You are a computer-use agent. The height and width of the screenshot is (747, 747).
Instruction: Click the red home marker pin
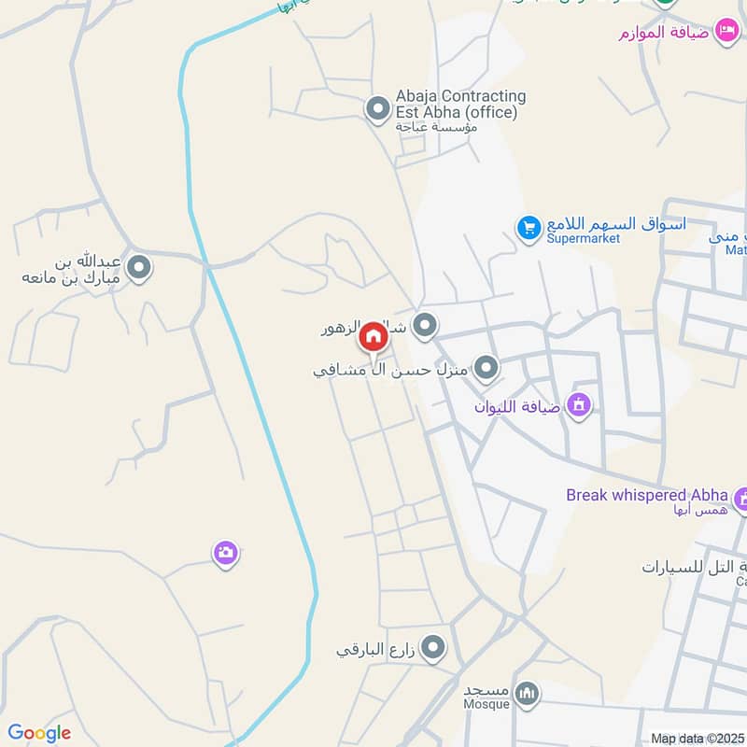(x=373, y=335)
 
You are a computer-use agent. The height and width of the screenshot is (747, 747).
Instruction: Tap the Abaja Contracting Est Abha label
(x=460, y=104)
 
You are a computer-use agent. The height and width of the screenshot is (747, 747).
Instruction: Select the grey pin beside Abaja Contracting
(x=377, y=110)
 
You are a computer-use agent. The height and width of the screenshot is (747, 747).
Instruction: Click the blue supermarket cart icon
(x=529, y=227)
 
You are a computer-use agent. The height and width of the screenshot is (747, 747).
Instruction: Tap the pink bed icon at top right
(x=726, y=32)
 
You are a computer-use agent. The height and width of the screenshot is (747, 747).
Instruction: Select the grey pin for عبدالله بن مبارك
(x=140, y=269)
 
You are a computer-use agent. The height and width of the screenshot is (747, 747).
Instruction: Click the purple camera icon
(x=225, y=554)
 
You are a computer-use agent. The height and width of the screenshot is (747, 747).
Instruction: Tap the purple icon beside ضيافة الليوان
(x=579, y=405)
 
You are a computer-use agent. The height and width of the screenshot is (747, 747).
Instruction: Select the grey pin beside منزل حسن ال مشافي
(x=486, y=369)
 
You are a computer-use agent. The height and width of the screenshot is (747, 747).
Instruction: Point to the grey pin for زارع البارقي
(x=433, y=647)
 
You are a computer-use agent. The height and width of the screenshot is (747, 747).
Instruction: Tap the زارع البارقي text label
(x=376, y=649)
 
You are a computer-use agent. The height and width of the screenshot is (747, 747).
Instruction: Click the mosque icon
(x=528, y=693)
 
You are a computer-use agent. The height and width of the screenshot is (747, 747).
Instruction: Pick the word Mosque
(x=486, y=703)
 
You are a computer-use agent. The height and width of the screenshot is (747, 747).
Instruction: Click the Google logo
(x=39, y=733)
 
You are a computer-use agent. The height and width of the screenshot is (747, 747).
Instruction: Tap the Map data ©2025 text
(x=697, y=739)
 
